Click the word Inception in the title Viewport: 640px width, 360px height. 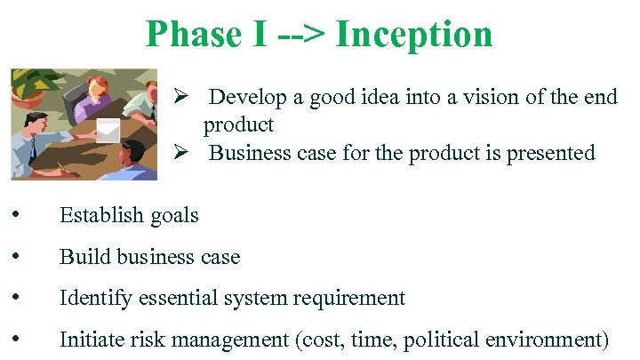pyautogui.click(x=414, y=34)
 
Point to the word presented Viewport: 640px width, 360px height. pyautogui.click(x=550, y=153)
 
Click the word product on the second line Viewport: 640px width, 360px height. pyautogui.click(x=238, y=124)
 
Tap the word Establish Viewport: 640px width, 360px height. pyautogui.click(x=99, y=215)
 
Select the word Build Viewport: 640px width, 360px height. pyautogui.click(x=79, y=257)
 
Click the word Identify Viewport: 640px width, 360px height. pyautogui.click(x=94, y=299)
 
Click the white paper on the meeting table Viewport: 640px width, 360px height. pyautogui.click(x=108, y=130)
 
